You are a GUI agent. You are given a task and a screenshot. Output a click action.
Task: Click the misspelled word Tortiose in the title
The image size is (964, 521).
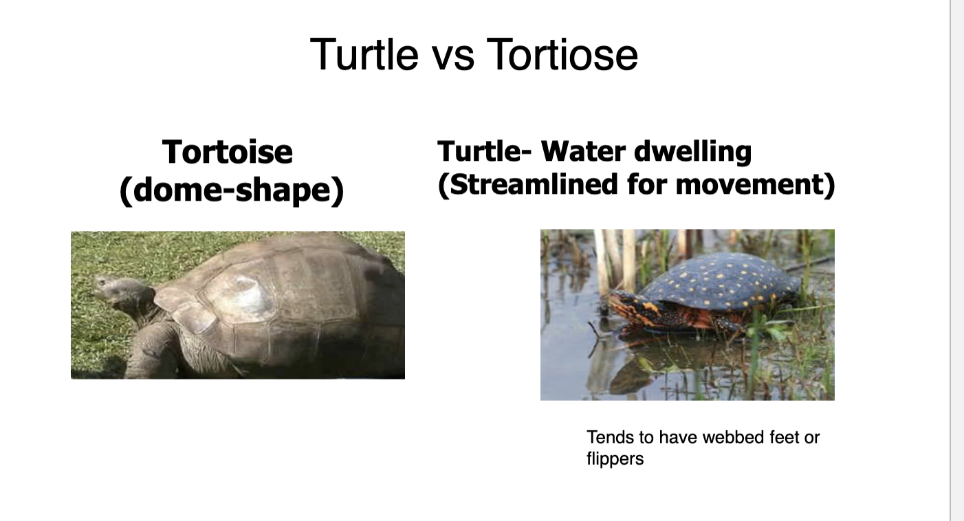click(x=562, y=54)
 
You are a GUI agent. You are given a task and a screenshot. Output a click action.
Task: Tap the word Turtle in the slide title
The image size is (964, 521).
click(x=364, y=54)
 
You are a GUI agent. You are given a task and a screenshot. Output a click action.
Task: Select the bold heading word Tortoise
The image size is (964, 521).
click(x=227, y=152)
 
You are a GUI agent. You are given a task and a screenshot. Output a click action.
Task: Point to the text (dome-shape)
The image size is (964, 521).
click(x=232, y=190)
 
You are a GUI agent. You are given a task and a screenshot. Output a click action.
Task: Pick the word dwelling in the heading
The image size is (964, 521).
click(x=693, y=152)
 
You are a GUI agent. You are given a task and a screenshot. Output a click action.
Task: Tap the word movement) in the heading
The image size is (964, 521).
click(x=755, y=185)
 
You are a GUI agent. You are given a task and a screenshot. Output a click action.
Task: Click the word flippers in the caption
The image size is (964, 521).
click(x=615, y=459)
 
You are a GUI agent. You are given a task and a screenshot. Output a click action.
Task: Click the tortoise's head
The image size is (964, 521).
click(x=120, y=293)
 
